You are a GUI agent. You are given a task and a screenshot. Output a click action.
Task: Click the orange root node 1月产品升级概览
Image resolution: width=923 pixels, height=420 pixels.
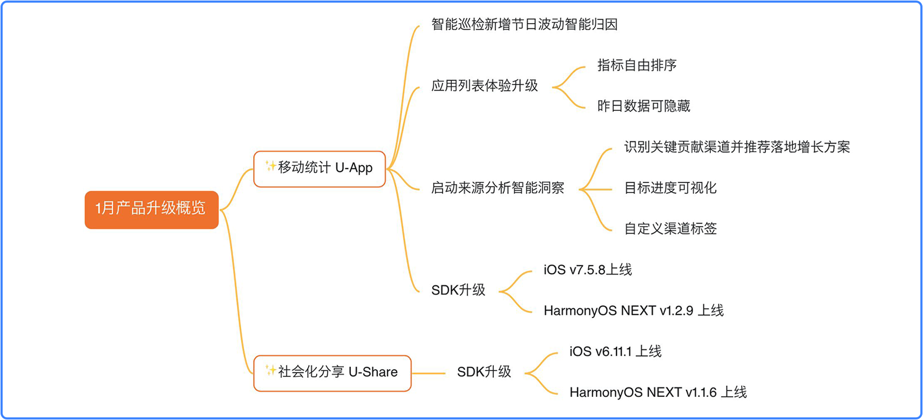[151, 209]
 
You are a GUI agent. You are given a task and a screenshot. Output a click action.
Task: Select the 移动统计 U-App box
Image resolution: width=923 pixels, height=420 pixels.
[320, 169]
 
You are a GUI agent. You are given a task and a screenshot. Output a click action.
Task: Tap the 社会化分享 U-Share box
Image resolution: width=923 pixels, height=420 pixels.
[332, 373]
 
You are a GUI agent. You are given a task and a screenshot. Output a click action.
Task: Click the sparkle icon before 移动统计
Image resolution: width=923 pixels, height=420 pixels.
[270, 166]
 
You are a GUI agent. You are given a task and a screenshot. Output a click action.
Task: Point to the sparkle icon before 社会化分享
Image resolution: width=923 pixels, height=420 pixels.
[270, 370]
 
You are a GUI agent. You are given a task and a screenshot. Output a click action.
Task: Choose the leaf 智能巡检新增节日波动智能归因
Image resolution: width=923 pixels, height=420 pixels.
[524, 24]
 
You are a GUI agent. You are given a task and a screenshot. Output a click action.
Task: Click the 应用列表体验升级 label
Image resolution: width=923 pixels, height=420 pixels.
[485, 86]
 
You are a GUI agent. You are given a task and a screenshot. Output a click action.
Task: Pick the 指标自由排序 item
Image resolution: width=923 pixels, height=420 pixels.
[637, 65]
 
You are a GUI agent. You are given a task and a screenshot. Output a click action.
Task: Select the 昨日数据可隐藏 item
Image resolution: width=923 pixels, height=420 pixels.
[643, 106]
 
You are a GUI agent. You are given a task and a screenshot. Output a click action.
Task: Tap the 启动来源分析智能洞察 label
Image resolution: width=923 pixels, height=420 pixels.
[498, 188]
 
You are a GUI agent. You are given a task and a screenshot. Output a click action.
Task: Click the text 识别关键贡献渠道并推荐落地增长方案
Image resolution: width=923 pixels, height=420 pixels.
[737, 147]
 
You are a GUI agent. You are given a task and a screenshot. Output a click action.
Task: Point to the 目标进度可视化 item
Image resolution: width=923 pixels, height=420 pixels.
[670, 188]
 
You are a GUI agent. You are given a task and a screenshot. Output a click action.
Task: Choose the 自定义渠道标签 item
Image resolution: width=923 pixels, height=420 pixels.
[670, 228]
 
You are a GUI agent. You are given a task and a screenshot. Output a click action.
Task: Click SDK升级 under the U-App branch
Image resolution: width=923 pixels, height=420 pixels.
[458, 290]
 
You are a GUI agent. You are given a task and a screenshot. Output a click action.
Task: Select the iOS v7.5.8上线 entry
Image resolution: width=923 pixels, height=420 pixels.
[588, 269]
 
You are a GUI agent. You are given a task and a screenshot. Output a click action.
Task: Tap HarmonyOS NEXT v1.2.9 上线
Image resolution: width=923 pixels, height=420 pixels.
[633, 310]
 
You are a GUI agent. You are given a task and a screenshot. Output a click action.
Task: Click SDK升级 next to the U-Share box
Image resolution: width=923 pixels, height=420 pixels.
[484, 372]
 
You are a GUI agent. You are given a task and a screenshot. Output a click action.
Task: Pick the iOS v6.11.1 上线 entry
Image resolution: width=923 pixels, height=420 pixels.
[615, 351]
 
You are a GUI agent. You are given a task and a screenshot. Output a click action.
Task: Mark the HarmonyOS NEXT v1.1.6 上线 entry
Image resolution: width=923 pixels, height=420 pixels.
[657, 392]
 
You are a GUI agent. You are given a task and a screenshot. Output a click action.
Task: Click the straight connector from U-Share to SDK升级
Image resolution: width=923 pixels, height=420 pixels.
[429, 374]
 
